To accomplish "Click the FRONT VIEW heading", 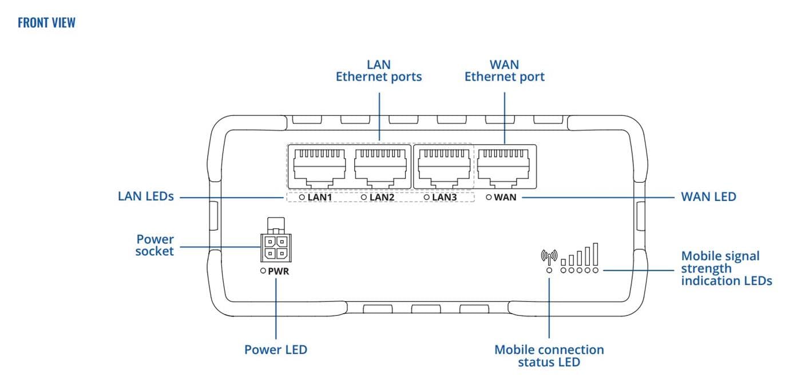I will [46, 23].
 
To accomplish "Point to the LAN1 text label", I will [321, 197].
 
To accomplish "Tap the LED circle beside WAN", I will [489, 197].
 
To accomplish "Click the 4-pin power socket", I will [275, 247].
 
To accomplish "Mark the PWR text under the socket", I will [279, 271].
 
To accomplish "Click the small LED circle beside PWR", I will [263, 271].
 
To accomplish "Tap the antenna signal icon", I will [549, 257].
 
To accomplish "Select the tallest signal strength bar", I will [596, 253].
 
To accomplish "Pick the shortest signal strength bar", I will [564, 261].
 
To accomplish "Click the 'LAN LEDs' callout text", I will [145, 196].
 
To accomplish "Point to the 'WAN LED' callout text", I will [708, 196].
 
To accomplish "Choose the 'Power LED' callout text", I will [276, 350].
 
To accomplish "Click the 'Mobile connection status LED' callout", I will [549, 355].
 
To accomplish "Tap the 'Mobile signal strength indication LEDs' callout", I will [726, 268].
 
